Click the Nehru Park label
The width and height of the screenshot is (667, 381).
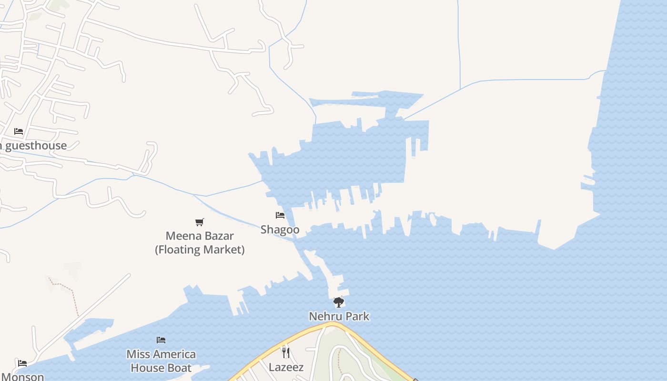click(339, 316)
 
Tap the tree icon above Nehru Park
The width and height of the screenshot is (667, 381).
click(338, 302)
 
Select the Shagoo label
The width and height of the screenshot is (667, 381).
click(280, 230)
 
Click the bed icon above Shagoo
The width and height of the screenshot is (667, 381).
click(280, 215)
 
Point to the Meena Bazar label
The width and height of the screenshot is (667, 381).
click(200, 236)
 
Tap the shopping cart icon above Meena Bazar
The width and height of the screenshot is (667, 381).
click(200, 222)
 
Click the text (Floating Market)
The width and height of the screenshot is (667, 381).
click(200, 250)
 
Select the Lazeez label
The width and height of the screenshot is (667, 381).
click(286, 367)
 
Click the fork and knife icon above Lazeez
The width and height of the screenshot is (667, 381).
click(286, 353)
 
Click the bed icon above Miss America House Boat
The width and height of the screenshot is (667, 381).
click(161, 340)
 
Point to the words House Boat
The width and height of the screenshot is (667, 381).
click(161, 368)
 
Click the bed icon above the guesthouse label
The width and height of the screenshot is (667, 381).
click(19, 131)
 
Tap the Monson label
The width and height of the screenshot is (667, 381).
click(22, 377)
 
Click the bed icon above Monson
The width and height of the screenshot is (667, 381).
click(22, 363)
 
